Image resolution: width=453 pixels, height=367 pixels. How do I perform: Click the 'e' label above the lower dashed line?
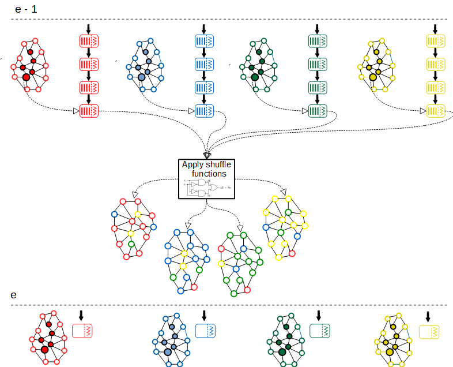click(x=14, y=295)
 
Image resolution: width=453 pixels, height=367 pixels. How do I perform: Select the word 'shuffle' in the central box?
click(x=216, y=164)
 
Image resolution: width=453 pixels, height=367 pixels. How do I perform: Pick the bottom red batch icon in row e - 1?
click(x=89, y=110)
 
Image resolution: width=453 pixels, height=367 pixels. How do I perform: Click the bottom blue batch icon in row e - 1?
click(x=205, y=110)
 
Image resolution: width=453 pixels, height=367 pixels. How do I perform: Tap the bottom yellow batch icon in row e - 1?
click(x=436, y=110)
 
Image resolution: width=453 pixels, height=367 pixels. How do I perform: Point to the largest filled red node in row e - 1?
click(x=26, y=77)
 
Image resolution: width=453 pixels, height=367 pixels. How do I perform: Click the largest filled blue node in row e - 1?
click(x=141, y=77)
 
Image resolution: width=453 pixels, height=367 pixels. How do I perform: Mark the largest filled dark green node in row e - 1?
click(x=255, y=77)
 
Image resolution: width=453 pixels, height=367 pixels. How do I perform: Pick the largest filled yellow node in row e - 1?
click(x=373, y=77)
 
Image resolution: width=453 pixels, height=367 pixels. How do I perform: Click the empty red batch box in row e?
click(x=82, y=331)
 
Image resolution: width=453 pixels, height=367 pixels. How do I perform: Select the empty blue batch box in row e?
click(x=205, y=331)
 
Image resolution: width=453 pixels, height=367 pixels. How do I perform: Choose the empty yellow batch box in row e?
click(x=429, y=332)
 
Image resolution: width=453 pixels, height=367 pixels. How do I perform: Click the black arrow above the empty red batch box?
click(x=81, y=315)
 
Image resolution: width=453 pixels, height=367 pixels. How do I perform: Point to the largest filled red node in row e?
click(x=44, y=349)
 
